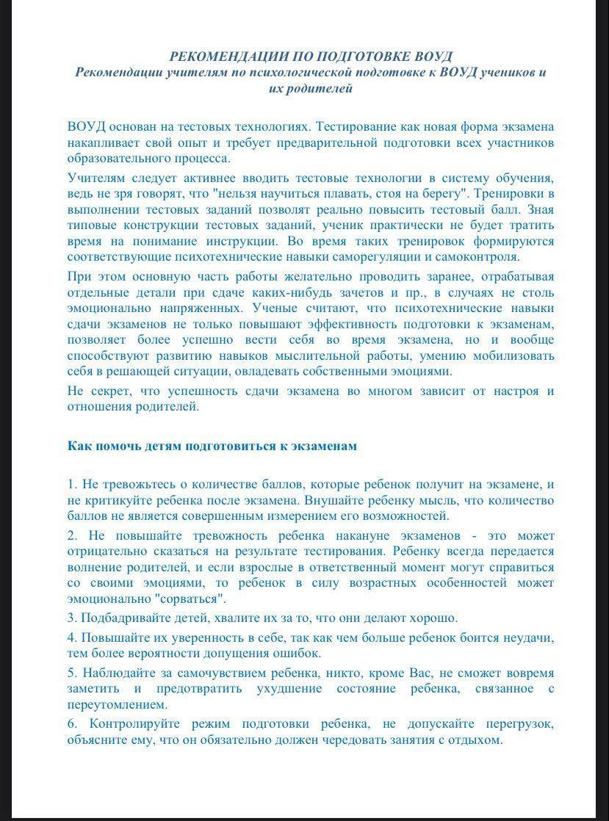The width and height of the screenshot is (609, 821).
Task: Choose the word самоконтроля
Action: coord(478,257)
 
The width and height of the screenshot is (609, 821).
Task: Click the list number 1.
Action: coord(71,485)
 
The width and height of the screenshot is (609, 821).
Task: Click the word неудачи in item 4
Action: coord(529,637)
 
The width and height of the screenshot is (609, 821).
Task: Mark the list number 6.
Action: coord(71,724)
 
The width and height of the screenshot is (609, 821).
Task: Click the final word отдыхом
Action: coord(478,739)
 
